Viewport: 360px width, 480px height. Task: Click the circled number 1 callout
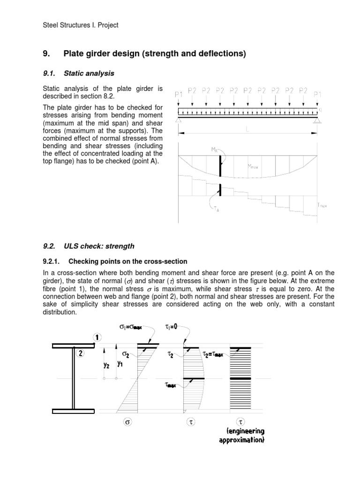97,337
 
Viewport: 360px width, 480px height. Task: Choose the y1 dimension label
121,363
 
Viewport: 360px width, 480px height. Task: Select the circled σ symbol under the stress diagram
127,422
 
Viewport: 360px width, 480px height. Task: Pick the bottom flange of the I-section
73,411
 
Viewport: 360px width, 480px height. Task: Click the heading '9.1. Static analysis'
78,73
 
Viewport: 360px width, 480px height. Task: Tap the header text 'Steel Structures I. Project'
81,25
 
